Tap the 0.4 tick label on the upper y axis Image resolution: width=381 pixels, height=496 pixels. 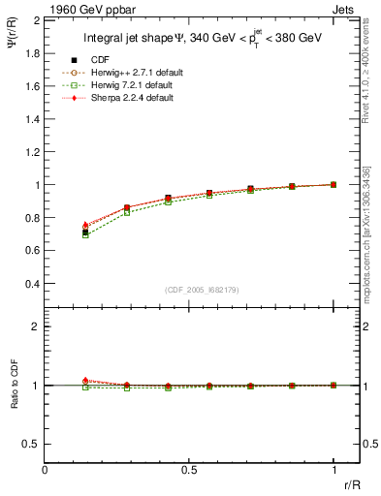click(30, 284)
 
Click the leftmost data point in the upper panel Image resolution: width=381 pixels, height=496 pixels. click(85, 232)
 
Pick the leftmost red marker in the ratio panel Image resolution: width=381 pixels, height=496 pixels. click(85, 381)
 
